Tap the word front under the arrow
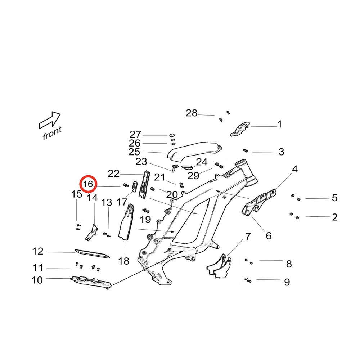(x=52, y=134)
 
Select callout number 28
(x=192, y=113)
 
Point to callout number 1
(x=279, y=125)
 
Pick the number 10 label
(x=37, y=280)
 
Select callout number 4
(x=294, y=169)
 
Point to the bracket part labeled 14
(x=91, y=232)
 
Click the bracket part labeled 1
(x=239, y=129)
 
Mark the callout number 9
(x=287, y=282)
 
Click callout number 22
(x=113, y=174)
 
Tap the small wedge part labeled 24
(x=187, y=167)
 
